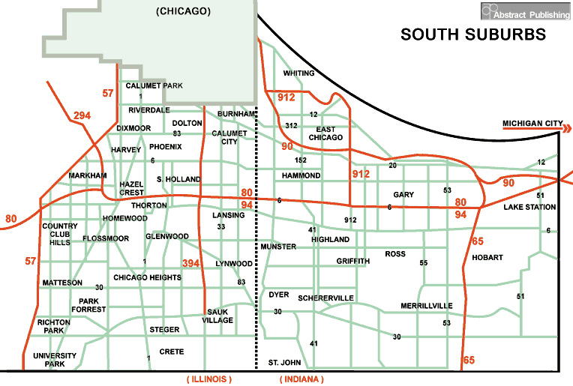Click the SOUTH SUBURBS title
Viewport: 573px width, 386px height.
tap(472, 34)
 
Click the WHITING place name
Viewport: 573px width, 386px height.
tap(298, 73)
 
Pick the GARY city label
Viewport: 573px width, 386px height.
tap(403, 195)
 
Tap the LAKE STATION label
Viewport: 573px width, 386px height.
tap(529, 207)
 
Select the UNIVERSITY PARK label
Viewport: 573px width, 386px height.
tap(55, 360)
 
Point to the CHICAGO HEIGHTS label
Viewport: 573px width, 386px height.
tap(147, 277)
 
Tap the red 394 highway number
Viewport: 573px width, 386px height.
tap(192, 262)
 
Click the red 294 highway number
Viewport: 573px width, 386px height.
tap(82, 115)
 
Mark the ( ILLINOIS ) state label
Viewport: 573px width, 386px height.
tap(209, 379)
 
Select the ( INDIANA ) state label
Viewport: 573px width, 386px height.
tap(301, 379)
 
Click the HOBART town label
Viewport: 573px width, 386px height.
tap(487, 257)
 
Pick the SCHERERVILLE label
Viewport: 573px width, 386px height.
tap(325, 298)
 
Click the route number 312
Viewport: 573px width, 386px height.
tap(292, 125)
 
